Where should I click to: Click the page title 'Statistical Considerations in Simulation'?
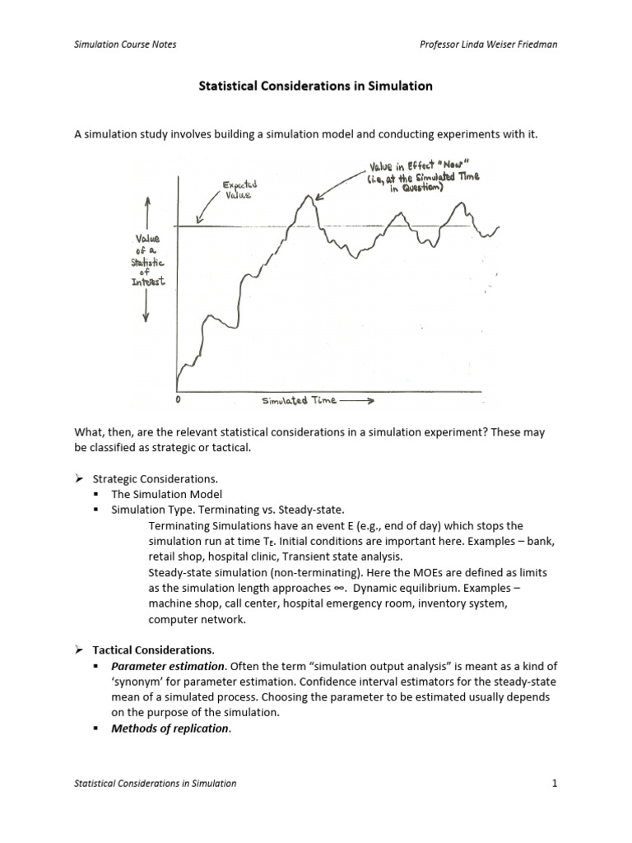click(316, 86)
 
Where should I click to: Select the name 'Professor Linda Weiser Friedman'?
click(489, 44)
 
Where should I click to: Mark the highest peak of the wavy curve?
click(304, 199)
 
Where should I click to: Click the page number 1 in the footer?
click(555, 783)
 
